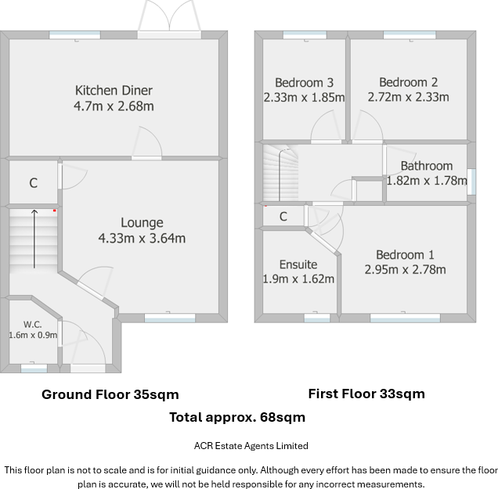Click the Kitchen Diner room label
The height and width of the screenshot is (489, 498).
coord(114,91)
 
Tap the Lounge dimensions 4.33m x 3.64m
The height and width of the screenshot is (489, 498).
coord(142,238)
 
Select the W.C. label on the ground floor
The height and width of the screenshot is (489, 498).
coord(32,325)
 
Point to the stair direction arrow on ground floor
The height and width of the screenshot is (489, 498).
coord(34,239)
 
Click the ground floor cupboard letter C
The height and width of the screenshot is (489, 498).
coord(34,183)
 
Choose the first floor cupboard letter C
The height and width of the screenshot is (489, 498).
coord(283,217)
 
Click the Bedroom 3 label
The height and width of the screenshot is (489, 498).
coord(305,82)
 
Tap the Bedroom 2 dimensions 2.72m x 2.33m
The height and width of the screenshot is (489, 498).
coord(409,97)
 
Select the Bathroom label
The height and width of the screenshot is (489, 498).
coord(427,166)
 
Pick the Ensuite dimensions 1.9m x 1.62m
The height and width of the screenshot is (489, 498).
coord(298,279)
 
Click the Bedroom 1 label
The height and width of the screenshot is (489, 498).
coord(405,254)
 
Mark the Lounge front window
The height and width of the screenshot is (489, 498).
coord(170,318)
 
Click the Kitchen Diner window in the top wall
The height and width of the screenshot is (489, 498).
coord(75,35)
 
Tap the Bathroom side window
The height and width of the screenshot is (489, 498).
coord(471,182)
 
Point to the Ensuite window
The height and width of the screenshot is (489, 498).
coord(317,318)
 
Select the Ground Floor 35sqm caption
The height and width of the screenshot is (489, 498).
coord(110,394)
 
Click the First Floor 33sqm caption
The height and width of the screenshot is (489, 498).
coord(366,394)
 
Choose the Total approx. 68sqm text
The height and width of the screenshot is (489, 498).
coord(237,417)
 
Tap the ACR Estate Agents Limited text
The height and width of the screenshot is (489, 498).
coord(251,446)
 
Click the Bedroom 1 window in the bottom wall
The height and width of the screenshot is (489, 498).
coord(406,318)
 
